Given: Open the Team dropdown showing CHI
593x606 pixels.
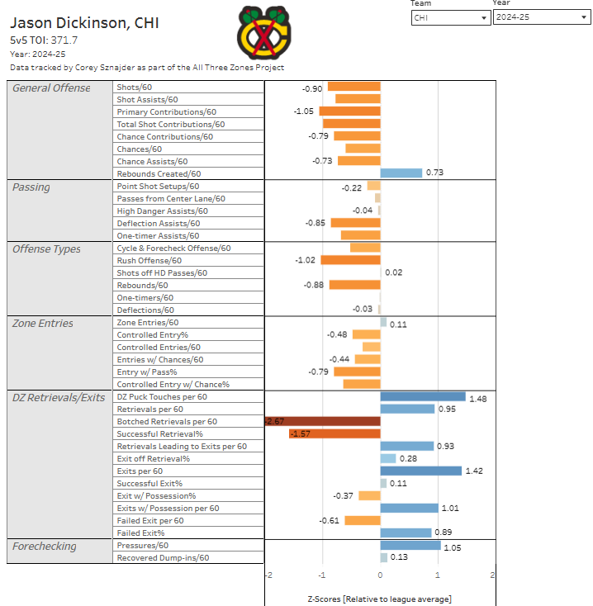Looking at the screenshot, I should coord(450,17).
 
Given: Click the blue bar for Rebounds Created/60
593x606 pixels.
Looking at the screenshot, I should coord(401,173).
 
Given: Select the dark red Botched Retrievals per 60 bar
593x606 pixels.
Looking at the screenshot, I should coord(323,421).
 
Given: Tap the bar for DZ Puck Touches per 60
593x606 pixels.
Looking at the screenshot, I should coord(423,396).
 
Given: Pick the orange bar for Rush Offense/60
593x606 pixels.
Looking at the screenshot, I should coord(350,260).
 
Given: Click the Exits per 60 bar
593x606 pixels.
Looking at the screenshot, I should coord(421,471).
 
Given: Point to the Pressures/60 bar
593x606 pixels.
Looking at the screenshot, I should coord(410,545).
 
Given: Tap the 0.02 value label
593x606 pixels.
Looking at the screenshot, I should coord(394,272).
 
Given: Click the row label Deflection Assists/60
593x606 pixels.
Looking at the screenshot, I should coord(158,223).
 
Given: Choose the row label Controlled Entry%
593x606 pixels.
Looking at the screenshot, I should coord(153,334).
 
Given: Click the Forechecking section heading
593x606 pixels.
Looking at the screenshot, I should coord(44,546).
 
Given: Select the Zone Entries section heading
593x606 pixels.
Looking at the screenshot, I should coord(43,323).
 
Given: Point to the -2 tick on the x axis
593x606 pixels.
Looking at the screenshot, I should coord(268,575).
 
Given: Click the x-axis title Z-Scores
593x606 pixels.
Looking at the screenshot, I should coord(379,598).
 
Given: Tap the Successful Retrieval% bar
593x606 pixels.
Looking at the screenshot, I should coord(334,433).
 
